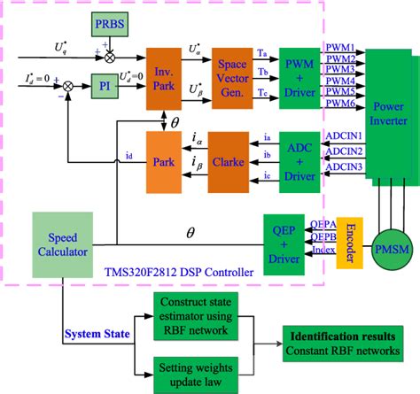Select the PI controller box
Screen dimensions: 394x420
click(107, 88)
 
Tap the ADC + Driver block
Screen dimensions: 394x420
click(298, 154)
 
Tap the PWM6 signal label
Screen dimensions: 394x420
click(340, 103)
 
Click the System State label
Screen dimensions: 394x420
click(96, 334)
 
